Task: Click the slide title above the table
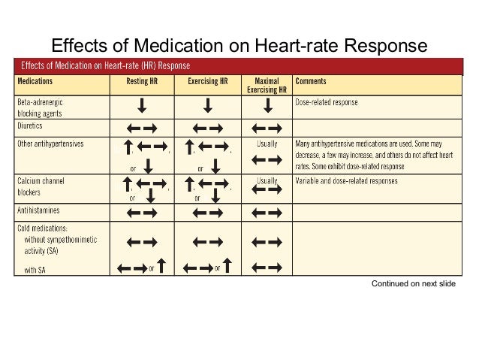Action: [x=239, y=47]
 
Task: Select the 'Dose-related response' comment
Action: [x=327, y=101]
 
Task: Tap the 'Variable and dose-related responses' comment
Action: [x=346, y=181]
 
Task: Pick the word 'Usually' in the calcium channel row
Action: [x=267, y=181]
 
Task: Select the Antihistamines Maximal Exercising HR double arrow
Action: [x=267, y=213]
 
